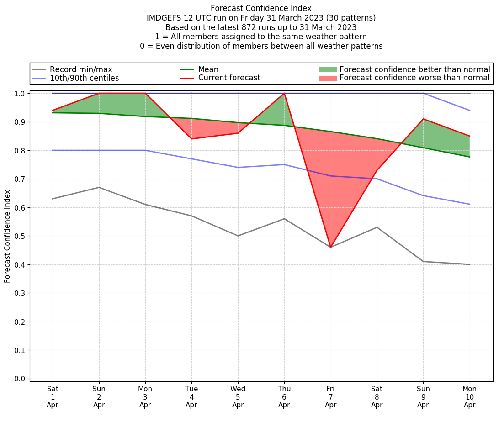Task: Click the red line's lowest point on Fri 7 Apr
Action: tap(330, 247)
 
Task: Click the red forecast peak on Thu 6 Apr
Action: tap(284, 93)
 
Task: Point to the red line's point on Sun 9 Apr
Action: tap(423, 119)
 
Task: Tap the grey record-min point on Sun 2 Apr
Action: tap(99, 187)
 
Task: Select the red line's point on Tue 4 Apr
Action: tap(191, 139)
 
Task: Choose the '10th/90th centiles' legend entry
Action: tap(84, 78)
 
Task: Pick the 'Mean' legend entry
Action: tap(208, 69)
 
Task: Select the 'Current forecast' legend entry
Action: tap(229, 78)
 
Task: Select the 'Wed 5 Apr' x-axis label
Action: tap(238, 396)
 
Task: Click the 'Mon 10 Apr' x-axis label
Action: tap(469, 396)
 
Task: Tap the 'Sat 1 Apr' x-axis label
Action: tap(53, 396)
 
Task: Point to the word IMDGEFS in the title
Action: tap(163, 18)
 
